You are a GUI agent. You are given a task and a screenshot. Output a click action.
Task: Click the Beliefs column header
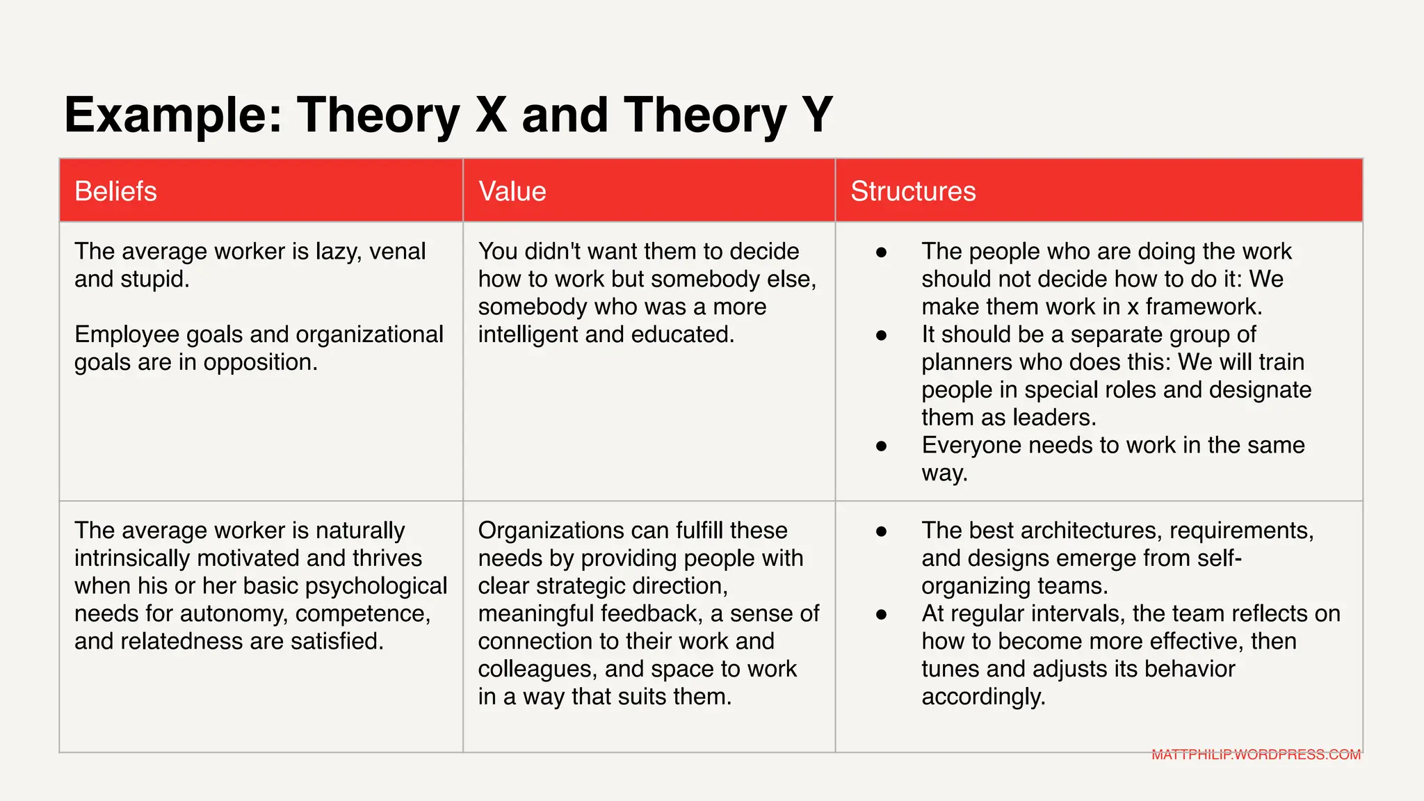coord(115,191)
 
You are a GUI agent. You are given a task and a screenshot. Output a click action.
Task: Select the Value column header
coord(512,191)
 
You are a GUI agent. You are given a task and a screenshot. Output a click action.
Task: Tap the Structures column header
coord(913,191)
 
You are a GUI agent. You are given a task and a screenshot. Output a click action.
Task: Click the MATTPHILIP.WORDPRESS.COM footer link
coord(1256,754)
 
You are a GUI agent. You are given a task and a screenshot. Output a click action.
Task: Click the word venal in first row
coord(397,251)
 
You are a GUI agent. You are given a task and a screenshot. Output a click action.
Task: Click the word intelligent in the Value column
coord(528,334)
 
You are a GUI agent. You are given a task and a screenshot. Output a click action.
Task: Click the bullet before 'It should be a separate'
coord(882,335)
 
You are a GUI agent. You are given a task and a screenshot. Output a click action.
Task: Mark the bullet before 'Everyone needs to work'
coord(882,446)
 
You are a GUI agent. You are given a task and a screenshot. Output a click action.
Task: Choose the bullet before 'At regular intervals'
coord(882,614)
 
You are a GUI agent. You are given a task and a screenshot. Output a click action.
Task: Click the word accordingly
coord(983,697)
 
